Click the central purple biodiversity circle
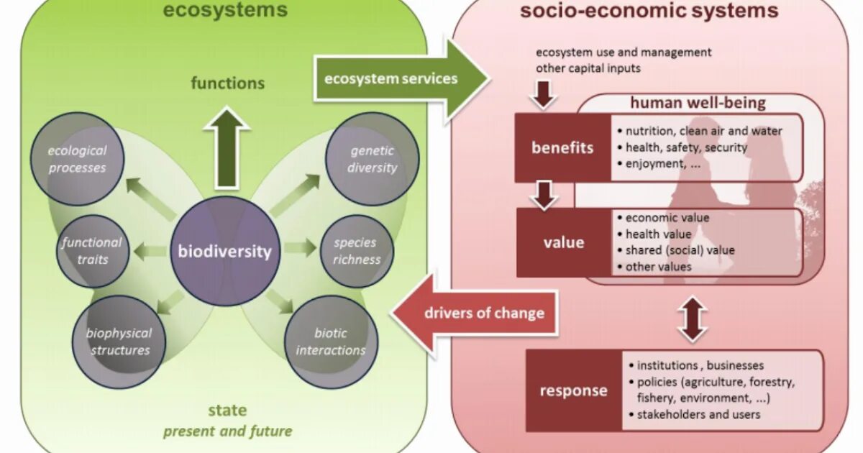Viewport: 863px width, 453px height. point(224,252)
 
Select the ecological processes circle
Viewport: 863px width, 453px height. point(77,160)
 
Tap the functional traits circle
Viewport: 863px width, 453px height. point(91,250)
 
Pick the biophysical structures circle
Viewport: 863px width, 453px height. point(119,341)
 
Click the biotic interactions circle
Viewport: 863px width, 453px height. point(331,341)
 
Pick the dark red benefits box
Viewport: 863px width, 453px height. point(562,147)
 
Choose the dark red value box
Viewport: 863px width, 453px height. point(564,242)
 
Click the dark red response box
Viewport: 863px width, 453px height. point(573,390)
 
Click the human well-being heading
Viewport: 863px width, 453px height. point(698,103)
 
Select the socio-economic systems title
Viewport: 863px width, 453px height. point(649,11)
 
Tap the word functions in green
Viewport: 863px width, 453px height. point(228,83)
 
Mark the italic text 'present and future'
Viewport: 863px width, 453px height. point(227,431)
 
